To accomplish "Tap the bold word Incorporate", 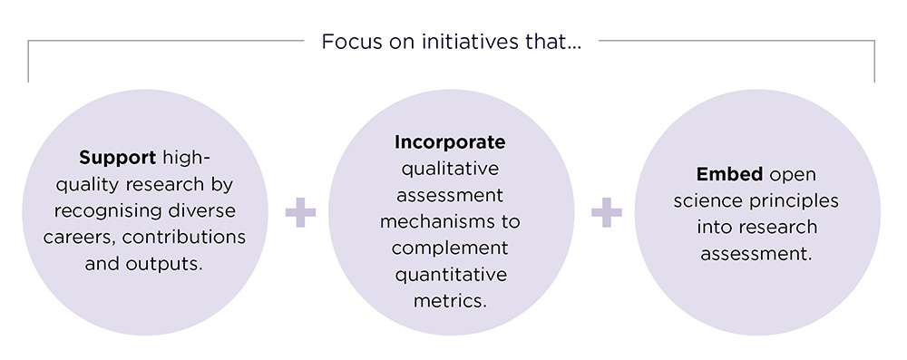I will (450, 143).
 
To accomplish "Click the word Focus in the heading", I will (346, 42).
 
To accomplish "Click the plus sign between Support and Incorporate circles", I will (300, 215).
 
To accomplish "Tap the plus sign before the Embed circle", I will (606, 215).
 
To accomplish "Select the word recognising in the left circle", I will (99, 211).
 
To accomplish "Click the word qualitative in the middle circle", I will (450, 170).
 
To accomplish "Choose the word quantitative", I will (450, 275).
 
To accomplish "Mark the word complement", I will (450, 248).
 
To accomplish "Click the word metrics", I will (450, 301).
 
